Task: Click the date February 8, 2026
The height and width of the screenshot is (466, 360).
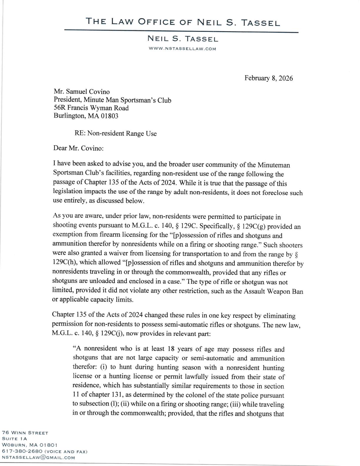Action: pos(269,78)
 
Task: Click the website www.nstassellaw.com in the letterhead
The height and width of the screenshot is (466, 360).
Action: pos(182,49)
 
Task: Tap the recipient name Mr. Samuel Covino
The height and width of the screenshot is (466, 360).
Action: pos(81,92)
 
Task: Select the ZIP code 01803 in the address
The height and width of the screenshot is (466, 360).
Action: pos(109,116)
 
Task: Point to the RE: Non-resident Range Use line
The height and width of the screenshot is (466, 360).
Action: pos(116,134)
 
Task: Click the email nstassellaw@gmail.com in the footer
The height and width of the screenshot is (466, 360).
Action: pos(38,457)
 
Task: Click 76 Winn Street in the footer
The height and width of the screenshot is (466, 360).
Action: pos(25,432)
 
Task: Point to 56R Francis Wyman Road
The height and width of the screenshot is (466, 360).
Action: pos(91,108)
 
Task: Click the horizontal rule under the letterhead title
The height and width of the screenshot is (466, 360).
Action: pos(181,30)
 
